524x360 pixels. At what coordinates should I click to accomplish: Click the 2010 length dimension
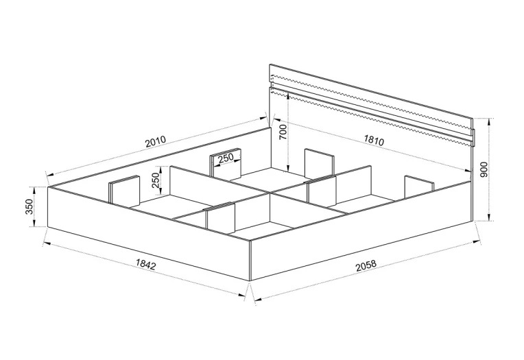coord(156,141)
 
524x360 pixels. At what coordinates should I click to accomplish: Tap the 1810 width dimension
coord(374,140)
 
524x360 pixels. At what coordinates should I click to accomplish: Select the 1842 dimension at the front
coord(146,264)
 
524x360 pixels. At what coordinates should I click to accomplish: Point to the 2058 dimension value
coord(366,265)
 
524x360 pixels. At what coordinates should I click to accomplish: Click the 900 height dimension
coord(485,169)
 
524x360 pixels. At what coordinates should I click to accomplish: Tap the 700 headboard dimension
coord(283,132)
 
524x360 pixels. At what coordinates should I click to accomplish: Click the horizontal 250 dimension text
coord(225,159)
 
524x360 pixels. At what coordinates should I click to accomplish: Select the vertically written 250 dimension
coord(156,180)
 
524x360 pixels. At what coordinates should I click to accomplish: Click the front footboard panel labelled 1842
coord(149,234)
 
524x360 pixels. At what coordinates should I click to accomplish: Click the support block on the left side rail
coord(123,190)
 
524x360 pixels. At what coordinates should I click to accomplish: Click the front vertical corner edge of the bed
coord(250,261)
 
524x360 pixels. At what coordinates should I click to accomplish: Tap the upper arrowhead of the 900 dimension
coord(489,121)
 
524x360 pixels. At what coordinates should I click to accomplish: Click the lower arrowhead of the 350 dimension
coord(34,224)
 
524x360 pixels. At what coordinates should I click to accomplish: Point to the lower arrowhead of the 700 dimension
coord(287,168)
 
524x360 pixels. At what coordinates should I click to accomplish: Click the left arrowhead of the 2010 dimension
coord(49,173)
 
